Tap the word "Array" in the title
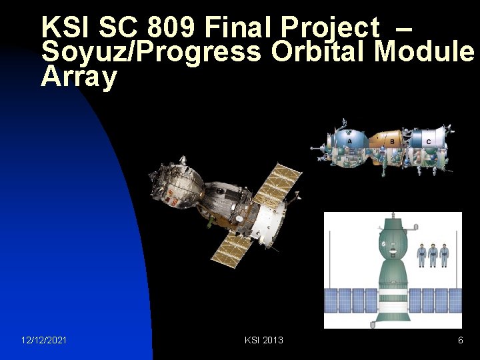[79, 77]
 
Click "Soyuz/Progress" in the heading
[151, 52]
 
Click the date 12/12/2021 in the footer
[44, 340]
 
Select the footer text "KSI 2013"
[264, 340]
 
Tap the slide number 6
[460, 340]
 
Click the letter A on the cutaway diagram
[349, 141]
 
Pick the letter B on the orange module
[392, 141]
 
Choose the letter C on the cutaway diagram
[428, 141]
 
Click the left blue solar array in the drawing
[350, 300]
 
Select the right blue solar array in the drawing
[437, 300]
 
